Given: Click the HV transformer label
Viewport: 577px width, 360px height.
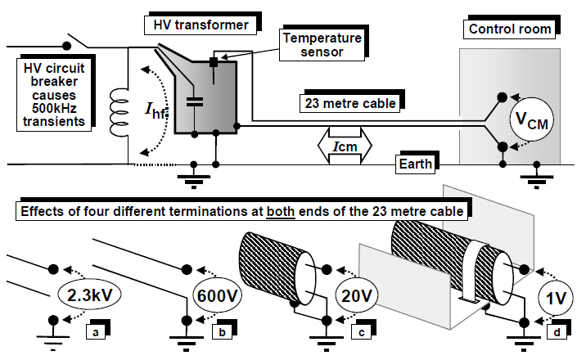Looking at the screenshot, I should tap(200, 25).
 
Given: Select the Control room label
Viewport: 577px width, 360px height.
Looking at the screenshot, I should tap(508, 29).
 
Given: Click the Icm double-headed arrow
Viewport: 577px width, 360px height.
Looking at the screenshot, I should tap(343, 146).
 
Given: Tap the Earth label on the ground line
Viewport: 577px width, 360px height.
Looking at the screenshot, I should tap(416, 164).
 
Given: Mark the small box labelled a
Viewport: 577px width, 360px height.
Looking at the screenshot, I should tap(97, 332).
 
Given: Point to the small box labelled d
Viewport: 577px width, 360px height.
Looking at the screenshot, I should tap(557, 333).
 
